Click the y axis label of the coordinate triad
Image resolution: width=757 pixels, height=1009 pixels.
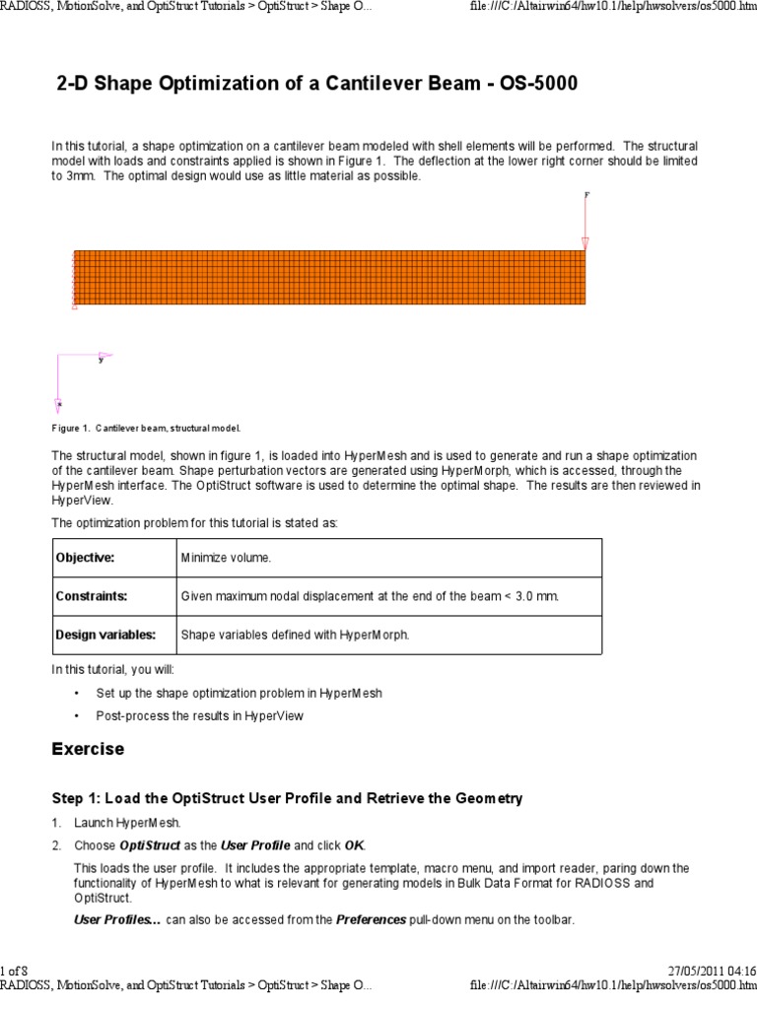tap(101, 361)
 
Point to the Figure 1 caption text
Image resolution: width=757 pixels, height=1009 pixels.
tap(146, 429)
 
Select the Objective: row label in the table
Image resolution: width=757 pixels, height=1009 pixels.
tap(85, 558)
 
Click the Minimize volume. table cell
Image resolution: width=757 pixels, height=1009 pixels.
tap(226, 558)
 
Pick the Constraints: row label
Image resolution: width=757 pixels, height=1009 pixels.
tap(91, 596)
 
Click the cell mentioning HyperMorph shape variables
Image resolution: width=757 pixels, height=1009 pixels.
tap(294, 635)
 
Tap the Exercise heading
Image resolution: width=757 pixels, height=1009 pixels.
tap(88, 749)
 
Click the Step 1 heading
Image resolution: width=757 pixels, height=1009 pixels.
tap(287, 798)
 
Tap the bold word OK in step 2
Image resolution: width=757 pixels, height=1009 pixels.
tap(354, 845)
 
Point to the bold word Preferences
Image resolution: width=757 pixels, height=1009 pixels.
tap(371, 920)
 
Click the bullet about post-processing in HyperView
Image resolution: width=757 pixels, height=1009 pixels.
tap(199, 715)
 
